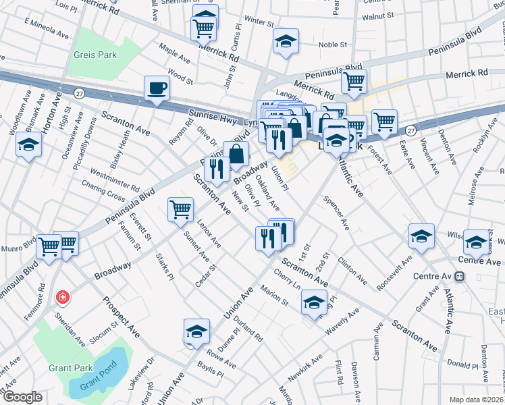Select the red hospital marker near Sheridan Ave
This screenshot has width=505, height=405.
tap(63, 296)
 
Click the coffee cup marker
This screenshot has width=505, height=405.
tap(157, 88)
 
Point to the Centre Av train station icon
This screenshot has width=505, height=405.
tap(459, 276)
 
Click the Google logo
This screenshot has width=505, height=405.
tap(22, 397)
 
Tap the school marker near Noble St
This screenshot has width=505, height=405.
tap(286, 41)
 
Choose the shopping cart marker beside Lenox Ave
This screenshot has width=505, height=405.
tap(180, 209)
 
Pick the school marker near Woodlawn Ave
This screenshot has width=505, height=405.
tap(28, 145)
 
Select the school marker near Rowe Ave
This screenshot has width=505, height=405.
tap(196, 331)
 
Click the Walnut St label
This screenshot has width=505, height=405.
tap(377, 15)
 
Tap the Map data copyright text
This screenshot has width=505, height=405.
tap(477, 400)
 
